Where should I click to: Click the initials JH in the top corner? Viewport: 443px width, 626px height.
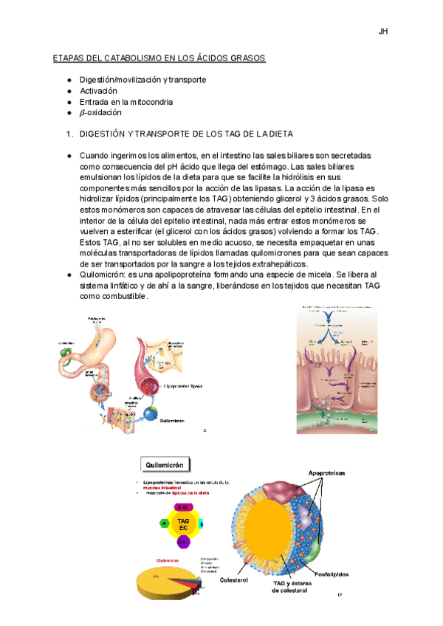[383, 32]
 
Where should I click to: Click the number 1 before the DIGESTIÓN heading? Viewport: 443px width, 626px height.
[69, 134]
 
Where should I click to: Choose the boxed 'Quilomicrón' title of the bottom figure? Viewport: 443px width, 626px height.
[165, 465]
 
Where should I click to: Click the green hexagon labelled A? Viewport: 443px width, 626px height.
[163, 523]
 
